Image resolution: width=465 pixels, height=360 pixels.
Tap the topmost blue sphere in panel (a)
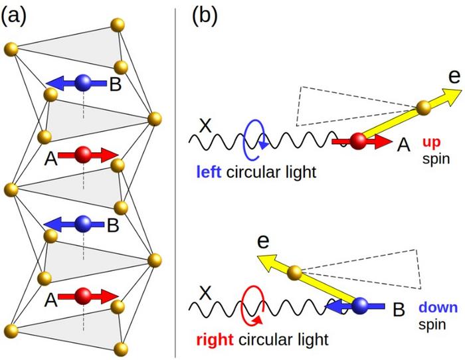click(83, 83)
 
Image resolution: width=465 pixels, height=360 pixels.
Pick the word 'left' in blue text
click(208, 172)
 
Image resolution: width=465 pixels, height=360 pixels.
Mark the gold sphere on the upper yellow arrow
click(422, 107)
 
